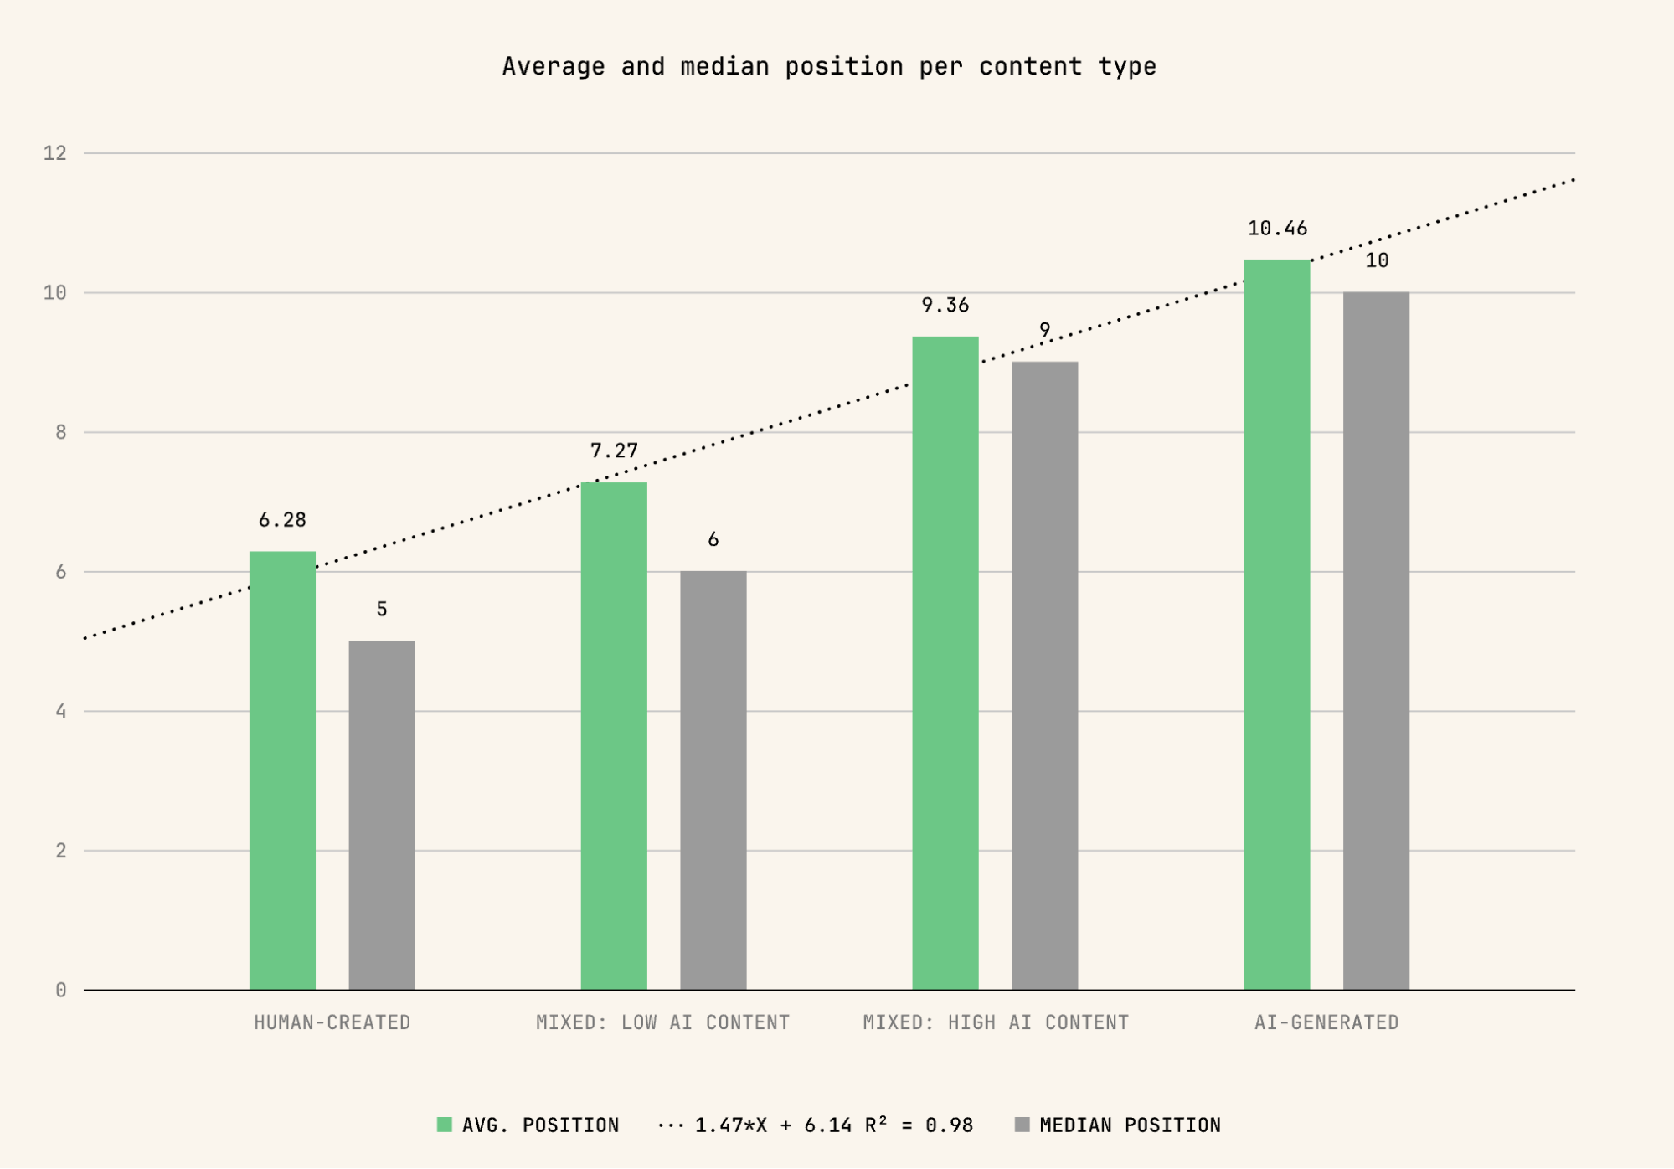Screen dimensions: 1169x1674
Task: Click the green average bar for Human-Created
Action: (282, 770)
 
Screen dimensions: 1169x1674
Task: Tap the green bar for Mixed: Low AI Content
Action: (614, 736)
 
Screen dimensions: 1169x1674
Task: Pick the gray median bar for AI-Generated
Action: (1376, 641)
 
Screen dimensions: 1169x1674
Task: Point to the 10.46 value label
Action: (1277, 229)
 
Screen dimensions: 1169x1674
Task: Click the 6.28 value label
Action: (282, 520)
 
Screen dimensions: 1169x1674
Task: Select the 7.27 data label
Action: (614, 451)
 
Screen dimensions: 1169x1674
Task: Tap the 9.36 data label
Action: (945, 306)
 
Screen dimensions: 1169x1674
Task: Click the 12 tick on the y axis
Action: (55, 153)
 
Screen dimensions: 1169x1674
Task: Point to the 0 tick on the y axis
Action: (61, 991)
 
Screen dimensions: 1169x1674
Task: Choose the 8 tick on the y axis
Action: (61, 432)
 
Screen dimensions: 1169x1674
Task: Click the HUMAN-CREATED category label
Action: (332, 1022)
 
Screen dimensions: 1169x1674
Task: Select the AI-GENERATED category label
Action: (1326, 1022)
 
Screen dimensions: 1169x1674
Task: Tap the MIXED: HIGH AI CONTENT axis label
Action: (996, 1022)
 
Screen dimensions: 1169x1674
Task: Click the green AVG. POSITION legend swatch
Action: (445, 1125)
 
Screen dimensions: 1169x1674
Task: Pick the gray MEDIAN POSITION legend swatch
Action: (1022, 1125)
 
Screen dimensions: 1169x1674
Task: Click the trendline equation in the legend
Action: (833, 1125)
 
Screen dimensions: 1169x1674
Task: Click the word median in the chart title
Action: (724, 66)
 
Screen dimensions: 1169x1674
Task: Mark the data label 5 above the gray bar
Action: (382, 610)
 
